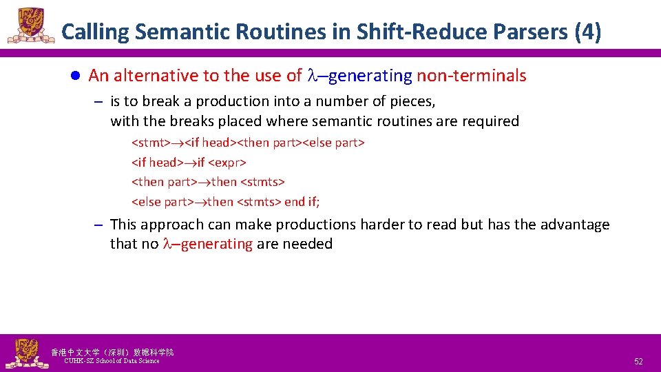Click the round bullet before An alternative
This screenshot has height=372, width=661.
coord(78,76)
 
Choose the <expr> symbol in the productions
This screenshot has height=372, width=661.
coord(227,163)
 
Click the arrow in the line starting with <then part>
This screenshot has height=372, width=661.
coord(204,183)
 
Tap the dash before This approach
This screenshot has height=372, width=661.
coord(98,225)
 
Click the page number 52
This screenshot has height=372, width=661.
coord(638,362)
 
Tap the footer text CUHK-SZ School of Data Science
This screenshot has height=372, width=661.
coord(112,361)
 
